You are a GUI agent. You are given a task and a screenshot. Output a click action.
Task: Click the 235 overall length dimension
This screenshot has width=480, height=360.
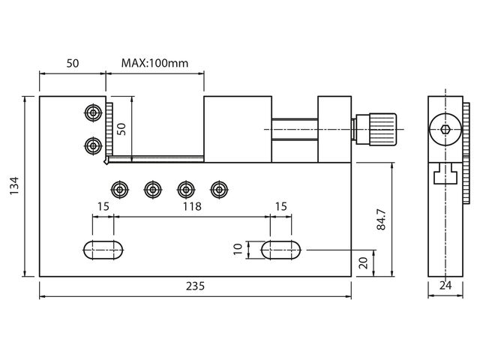point(195,286)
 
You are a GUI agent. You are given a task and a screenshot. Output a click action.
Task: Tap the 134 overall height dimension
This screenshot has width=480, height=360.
point(14,185)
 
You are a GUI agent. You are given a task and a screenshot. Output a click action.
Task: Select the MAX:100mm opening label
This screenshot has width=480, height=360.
point(155,63)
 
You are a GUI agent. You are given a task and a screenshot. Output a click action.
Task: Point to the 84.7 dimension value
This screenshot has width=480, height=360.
point(382,220)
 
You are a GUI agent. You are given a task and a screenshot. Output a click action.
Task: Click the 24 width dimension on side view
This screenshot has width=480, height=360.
point(445,285)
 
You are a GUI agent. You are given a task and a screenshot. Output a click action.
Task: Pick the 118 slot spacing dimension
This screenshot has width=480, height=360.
point(192,207)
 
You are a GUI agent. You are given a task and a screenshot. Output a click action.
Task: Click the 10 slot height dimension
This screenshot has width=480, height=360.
point(238,249)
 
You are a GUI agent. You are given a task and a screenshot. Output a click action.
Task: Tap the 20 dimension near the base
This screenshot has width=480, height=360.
point(363,263)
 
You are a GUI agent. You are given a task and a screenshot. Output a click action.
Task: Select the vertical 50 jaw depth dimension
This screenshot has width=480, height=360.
point(121,129)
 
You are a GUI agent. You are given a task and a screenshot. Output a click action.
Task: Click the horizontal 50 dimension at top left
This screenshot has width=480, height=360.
point(73,63)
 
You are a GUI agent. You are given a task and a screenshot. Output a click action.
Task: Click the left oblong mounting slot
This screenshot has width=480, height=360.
point(103,250)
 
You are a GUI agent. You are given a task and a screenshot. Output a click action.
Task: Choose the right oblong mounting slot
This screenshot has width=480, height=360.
point(280,250)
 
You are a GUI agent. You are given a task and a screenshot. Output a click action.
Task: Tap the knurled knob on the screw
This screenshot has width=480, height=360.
point(382,130)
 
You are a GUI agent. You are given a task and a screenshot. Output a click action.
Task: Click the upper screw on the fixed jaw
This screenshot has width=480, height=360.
point(93,113)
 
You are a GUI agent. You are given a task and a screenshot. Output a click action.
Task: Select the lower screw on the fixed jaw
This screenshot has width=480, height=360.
point(93,146)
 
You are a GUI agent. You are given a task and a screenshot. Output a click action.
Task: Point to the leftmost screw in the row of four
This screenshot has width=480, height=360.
point(120,190)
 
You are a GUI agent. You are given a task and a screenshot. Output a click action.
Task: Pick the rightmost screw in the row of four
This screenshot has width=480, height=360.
point(219,190)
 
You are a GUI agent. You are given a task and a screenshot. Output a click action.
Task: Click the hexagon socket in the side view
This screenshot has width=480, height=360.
point(445,130)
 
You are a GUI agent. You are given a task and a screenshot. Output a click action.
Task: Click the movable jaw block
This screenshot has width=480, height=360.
point(238,129)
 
